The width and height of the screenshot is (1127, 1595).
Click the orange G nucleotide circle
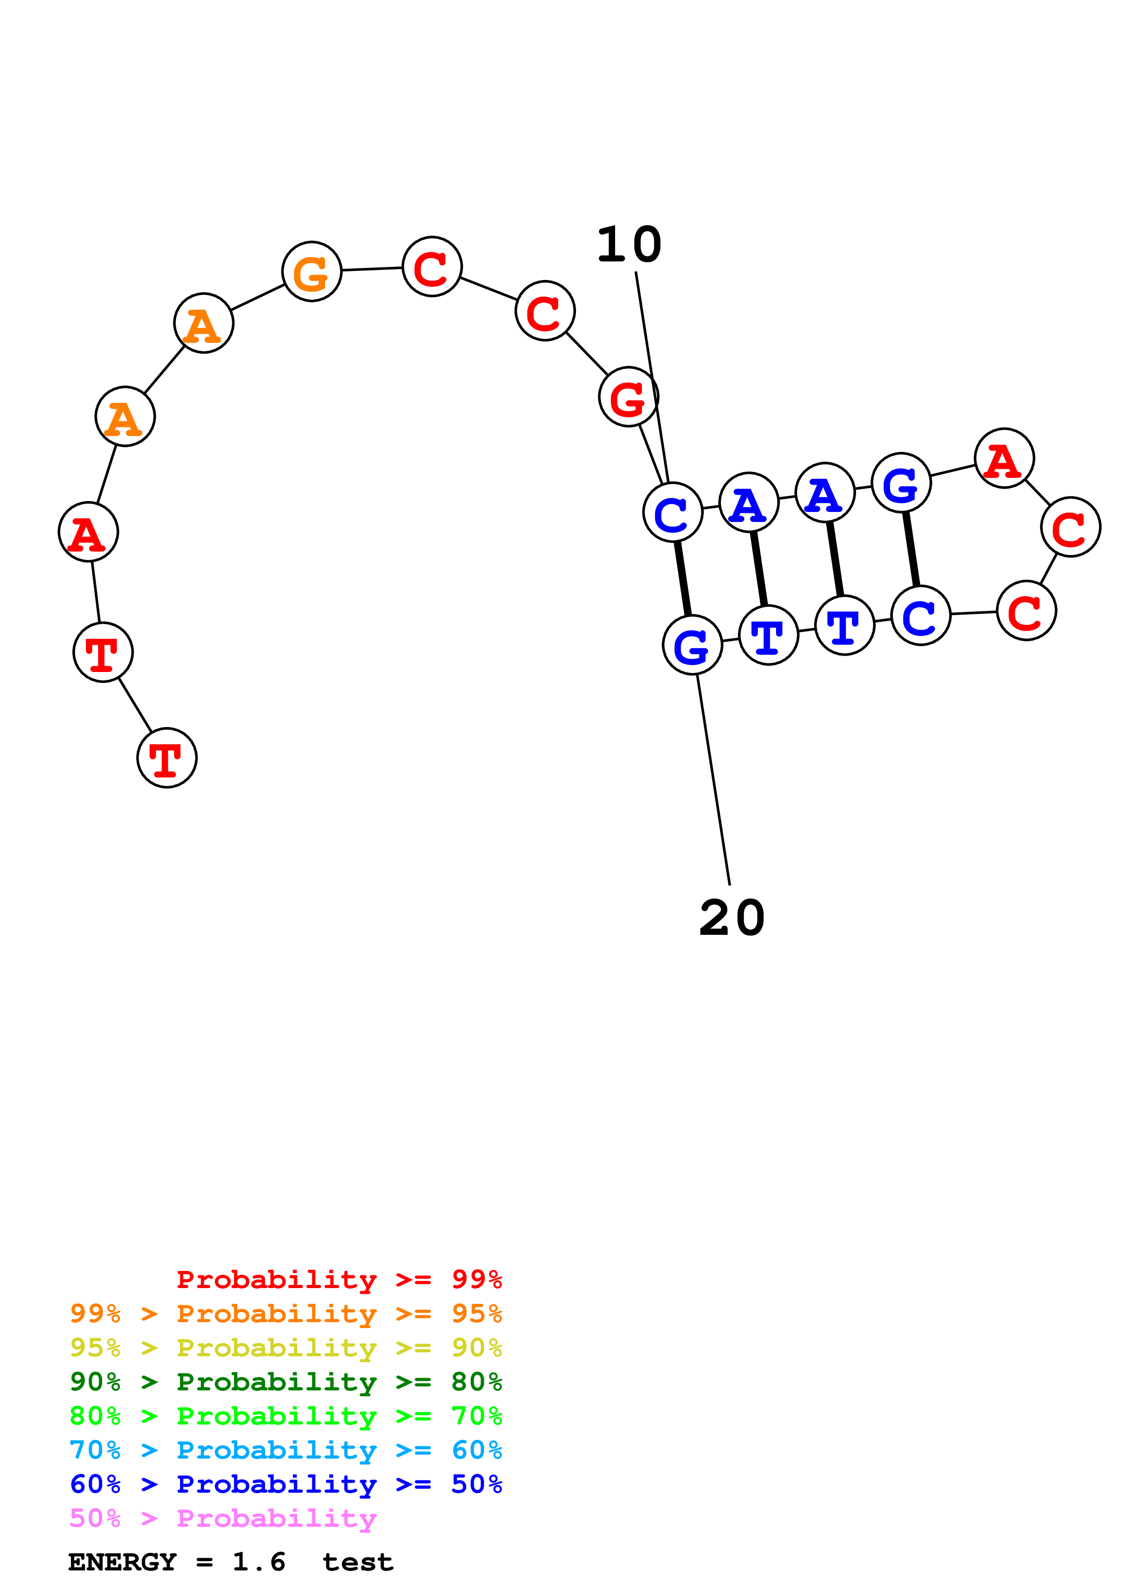(312, 271)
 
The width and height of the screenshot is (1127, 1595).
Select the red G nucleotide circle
(628, 396)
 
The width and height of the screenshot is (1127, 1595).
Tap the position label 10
(629, 245)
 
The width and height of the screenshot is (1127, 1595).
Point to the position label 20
(732, 918)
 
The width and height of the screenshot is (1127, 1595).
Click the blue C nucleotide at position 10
(673, 513)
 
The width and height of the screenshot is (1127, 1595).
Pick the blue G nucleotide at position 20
(692, 645)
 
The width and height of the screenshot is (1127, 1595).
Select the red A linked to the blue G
(1004, 458)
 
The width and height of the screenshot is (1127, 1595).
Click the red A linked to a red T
(88, 532)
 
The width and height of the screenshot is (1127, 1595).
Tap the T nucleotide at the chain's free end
(167, 758)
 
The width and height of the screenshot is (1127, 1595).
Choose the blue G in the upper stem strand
(901, 483)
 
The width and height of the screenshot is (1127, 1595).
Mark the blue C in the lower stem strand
(920, 616)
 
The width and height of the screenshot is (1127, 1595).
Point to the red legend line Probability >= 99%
(340, 1279)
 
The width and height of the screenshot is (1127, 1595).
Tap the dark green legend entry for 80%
(286, 1382)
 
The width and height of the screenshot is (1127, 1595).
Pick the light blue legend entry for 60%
(286, 1450)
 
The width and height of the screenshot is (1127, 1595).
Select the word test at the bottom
(358, 1562)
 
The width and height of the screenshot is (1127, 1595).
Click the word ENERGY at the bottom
(122, 1562)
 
